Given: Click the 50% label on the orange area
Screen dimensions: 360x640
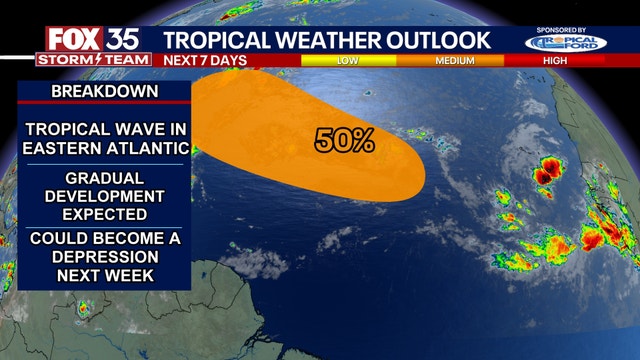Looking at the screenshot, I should coord(345,141).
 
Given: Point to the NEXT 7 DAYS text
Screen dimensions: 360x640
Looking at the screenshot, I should coord(205,60).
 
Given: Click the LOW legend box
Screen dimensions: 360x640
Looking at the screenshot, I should coord(347,60).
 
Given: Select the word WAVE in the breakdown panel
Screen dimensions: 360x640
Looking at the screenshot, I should coord(139,130).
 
